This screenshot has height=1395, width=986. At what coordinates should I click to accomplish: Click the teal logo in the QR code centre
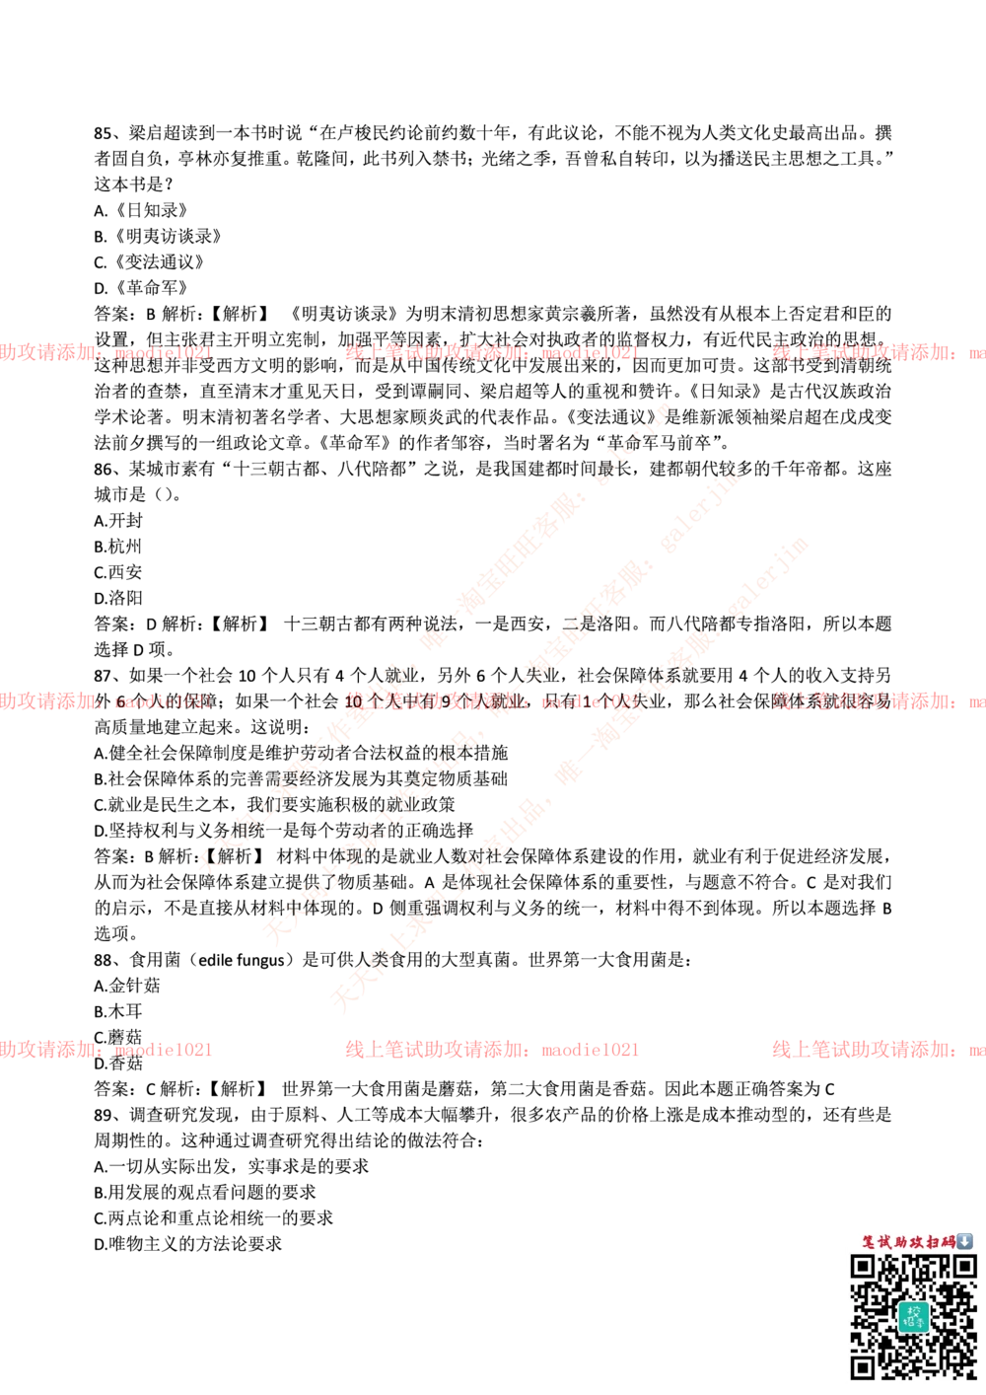(912, 1316)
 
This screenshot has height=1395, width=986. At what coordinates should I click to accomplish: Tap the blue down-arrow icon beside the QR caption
(965, 1241)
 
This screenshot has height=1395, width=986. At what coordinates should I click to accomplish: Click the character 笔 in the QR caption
(870, 1242)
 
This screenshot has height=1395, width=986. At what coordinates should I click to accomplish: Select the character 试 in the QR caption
(885, 1242)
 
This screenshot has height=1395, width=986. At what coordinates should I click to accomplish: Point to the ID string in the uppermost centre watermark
(590, 352)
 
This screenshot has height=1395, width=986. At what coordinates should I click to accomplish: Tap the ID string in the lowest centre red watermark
(589, 1050)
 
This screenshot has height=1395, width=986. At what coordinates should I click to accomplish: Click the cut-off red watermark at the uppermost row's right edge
(878, 352)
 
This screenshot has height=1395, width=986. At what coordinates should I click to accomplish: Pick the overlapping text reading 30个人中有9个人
(434, 702)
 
